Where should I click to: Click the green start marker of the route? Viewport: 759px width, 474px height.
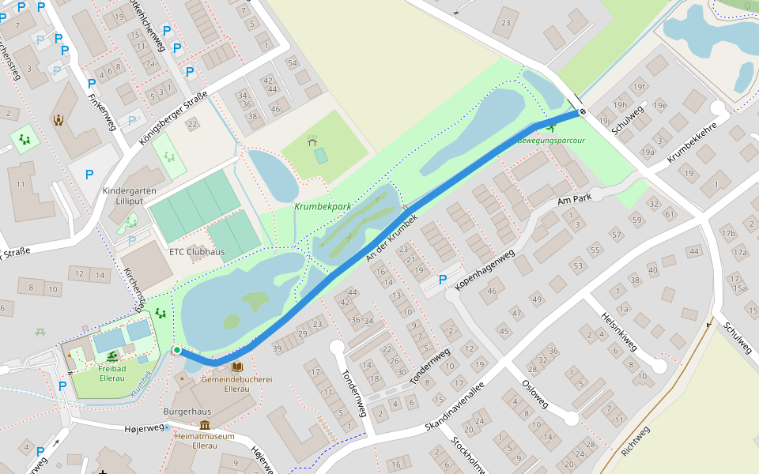point(177,350)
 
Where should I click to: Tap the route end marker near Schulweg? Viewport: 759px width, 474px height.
point(582,111)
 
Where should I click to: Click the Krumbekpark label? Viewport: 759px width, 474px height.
point(322,206)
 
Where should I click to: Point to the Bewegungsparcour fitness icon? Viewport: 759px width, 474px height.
point(551,126)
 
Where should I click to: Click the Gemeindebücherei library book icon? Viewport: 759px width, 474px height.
point(237,367)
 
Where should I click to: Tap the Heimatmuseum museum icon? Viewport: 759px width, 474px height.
point(205,425)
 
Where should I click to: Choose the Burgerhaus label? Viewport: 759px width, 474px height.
point(187,412)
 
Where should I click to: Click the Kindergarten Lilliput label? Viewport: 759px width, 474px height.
point(130,197)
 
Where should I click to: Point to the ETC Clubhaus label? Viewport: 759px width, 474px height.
point(197,252)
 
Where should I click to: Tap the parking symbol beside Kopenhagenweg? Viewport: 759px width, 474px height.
point(442,280)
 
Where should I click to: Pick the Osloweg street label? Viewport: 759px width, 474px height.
point(535,393)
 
